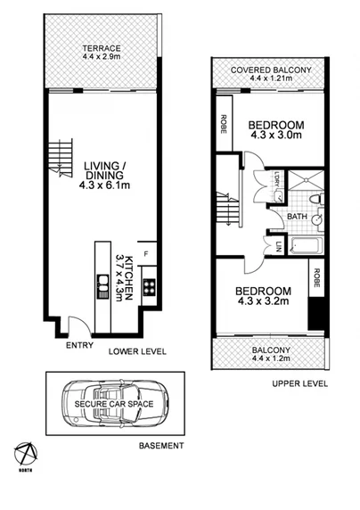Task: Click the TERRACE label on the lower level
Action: coord(102,47)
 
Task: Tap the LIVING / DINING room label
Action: coord(103,169)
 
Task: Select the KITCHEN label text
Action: coord(129,277)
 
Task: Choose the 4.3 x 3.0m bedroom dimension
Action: coord(277,137)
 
